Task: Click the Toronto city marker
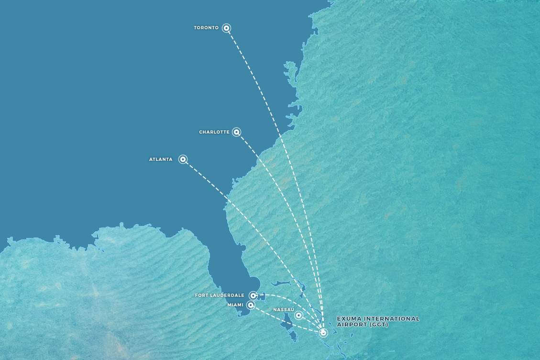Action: (x=227, y=28)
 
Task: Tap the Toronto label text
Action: (x=206, y=28)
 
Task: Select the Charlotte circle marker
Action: (x=237, y=132)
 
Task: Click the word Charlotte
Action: (x=214, y=132)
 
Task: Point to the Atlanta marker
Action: (x=183, y=159)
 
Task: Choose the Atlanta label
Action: (x=161, y=159)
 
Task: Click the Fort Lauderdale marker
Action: (x=253, y=295)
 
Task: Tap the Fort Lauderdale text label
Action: (x=220, y=295)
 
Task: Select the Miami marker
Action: (x=251, y=305)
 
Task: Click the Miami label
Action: (x=235, y=305)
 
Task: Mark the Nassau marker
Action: (x=298, y=315)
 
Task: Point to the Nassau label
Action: (x=283, y=310)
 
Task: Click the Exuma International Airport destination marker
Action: (x=323, y=333)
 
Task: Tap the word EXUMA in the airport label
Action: (x=348, y=319)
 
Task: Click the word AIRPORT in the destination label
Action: (x=352, y=325)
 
